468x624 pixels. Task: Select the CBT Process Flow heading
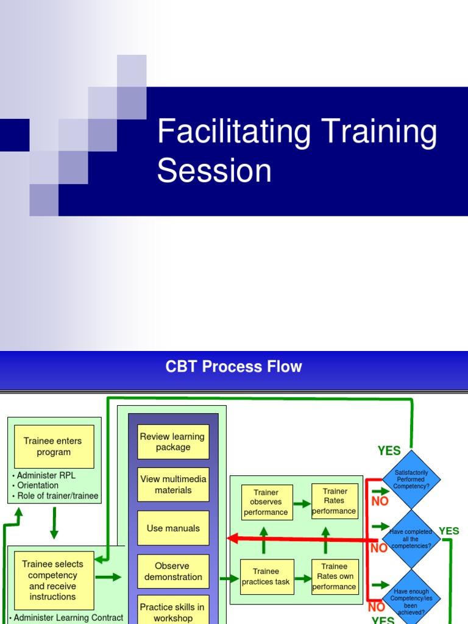click(233, 367)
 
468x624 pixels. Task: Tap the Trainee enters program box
click(54, 447)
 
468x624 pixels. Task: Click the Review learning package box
click(173, 442)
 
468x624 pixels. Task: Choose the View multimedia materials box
click(173, 484)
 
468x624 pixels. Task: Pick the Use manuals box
click(173, 528)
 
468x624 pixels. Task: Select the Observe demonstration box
click(173, 572)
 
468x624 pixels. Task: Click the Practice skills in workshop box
click(173, 611)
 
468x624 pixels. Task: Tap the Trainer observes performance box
click(266, 502)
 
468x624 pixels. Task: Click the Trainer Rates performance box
click(335, 501)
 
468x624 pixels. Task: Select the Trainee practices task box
click(266, 576)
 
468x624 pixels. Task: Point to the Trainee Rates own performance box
click(335, 576)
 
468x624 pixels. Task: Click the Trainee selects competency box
click(54, 580)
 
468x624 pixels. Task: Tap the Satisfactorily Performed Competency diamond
click(411, 479)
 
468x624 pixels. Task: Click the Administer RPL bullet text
click(46, 475)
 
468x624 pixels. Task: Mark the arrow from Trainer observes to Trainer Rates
click(302, 504)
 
